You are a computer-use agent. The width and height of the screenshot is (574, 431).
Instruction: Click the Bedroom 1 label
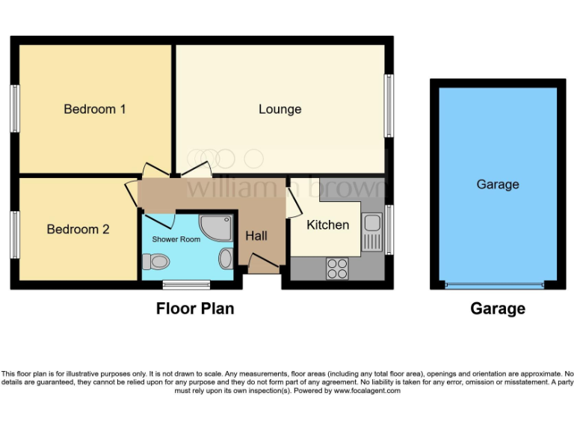94,109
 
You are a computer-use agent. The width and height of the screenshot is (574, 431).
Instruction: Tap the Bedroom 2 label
78,229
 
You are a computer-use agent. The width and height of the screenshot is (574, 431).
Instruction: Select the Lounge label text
280,109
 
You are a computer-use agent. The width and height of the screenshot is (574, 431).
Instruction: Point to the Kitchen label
327,224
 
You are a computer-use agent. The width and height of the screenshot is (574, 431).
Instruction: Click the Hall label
256,236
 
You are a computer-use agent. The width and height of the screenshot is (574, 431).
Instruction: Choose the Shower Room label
176,239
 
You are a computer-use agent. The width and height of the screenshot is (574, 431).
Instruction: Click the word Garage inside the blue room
497,184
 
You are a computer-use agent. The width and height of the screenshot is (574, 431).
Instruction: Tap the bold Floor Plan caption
194,308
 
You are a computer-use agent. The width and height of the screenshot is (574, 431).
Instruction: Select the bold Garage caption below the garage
497,308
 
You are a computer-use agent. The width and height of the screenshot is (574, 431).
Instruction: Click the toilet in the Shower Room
156,261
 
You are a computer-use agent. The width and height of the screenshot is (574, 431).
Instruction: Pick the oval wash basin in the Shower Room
226,259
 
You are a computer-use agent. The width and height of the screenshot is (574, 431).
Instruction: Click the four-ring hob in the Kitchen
337,268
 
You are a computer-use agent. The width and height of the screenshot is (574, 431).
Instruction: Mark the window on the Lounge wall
389,106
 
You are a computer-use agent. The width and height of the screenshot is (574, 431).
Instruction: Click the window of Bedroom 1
14,109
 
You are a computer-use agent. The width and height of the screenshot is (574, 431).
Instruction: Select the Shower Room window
186,284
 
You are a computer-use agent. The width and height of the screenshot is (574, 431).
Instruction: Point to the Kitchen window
389,229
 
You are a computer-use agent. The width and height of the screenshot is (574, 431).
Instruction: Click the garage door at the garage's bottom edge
494,285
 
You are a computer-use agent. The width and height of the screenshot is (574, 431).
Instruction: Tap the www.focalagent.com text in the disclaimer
367,391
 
